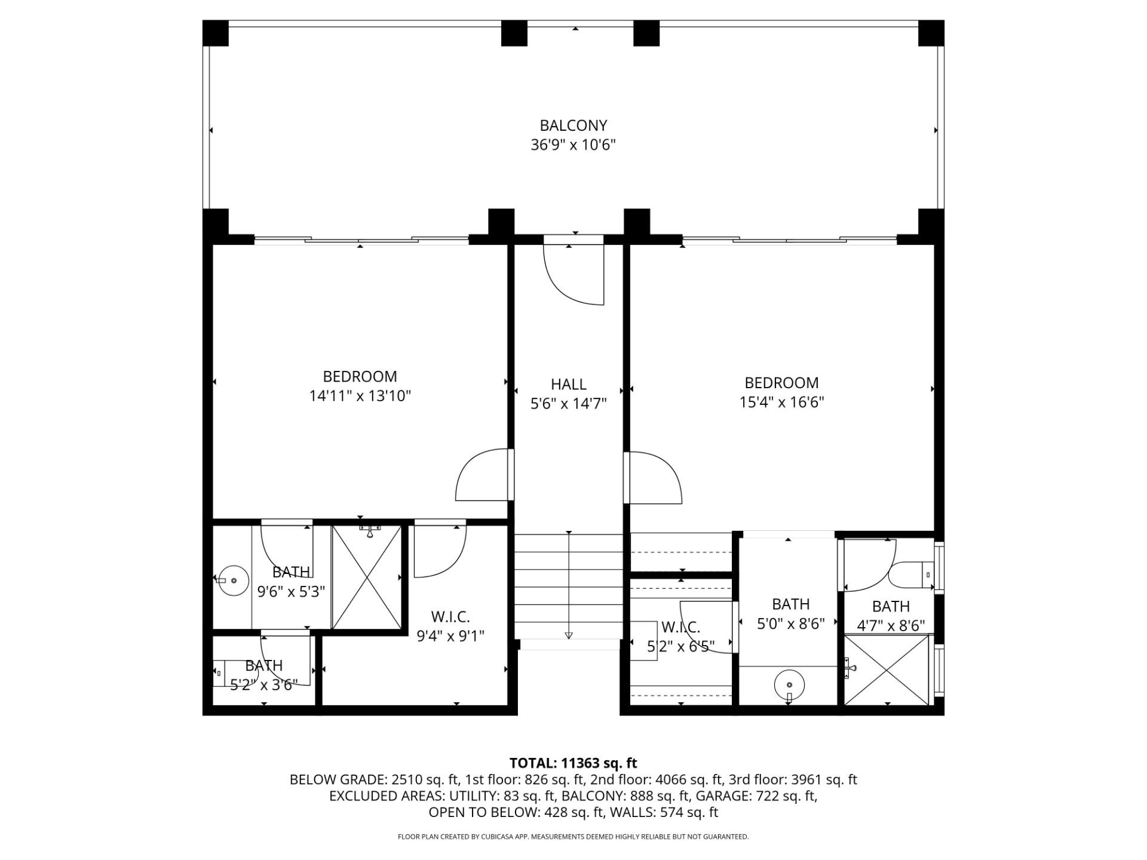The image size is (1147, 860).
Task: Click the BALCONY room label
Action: pyautogui.click(x=573, y=125)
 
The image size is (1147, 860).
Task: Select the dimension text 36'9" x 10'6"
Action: pyautogui.click(x=573, y=145)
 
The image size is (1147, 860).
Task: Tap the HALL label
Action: pyautogui.click(x=568, y=384)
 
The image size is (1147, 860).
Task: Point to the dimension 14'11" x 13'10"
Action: pyautogui.click(x=360, y=396)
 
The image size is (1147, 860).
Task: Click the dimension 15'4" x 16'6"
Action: pyautogui.click(x=781, y=402)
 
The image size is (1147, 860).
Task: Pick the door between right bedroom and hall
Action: pyautogui.click(x=652, y=478)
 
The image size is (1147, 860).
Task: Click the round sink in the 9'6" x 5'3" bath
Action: pyautogui.click(x=233, y=580)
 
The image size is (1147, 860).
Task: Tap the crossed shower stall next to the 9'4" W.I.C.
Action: pyautogui.click(x=367, y=577)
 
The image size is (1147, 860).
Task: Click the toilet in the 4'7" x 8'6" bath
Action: pyautogui.click(x=910, y=575)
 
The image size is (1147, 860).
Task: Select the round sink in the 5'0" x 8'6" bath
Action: pyautogui.click(x=789, y=685)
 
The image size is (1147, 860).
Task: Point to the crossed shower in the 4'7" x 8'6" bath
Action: pyautogui.click(x=887, y=669)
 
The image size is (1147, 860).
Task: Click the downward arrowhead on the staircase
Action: pyautogui.click(x=569, y=635)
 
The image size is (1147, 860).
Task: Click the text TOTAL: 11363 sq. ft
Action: pyautogui.click(x=573, y=763)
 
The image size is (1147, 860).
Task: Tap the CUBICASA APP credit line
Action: pyautogui.click(x=573, y=837)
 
